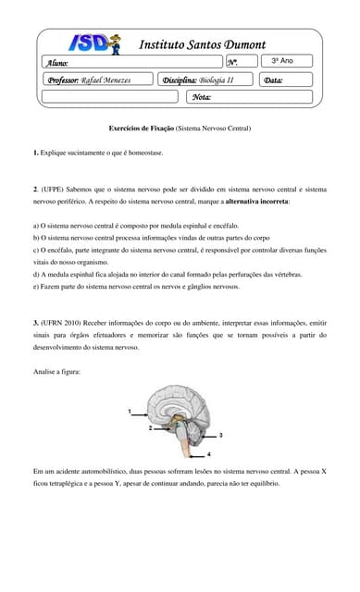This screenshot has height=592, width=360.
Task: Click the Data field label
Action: click(273, 80)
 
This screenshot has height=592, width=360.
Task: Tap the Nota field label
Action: click(202, 96)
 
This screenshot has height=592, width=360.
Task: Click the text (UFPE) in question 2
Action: click(56, 190)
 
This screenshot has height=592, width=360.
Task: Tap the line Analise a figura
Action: click(57, 371)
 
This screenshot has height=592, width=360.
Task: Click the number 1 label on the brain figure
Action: click(130, 409)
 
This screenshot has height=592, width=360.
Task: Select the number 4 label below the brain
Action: click(208, 454)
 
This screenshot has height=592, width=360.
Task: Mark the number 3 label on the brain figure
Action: click(220, 434)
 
